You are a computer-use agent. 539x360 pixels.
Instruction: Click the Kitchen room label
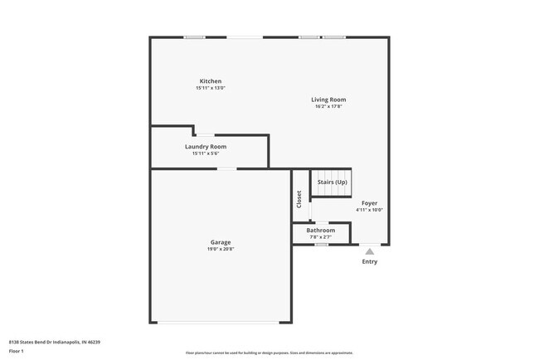tap(210, 81)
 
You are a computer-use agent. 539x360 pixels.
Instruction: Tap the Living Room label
tap(328, 100)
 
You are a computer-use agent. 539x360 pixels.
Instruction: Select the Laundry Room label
tap(205, 146)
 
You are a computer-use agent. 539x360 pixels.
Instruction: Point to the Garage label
tap(220, 242)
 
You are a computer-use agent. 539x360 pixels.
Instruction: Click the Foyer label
tap(369, 202)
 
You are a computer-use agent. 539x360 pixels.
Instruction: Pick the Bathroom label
tap(321, 230)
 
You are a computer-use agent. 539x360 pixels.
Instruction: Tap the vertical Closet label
tap(299, 199)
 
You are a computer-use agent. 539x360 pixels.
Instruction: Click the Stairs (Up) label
tap(332, 182)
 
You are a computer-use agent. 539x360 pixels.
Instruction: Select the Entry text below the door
tap(369, 262)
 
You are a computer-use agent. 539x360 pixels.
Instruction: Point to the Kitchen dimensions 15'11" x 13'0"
tap(210, 88)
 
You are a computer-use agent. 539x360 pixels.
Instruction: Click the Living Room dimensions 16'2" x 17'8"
tap(328, 106)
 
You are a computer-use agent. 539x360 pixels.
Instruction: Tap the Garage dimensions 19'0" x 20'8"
tap(220, 249)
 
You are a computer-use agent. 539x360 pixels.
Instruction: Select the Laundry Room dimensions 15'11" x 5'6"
tap(205, 153)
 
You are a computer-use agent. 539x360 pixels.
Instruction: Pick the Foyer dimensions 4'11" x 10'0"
tap(369, 209)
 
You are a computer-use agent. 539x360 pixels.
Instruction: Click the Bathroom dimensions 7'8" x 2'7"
tap(321, 236)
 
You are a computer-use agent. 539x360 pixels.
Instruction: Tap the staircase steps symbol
tap(331, 192)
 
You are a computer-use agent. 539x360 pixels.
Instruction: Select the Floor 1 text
tap(17, 351)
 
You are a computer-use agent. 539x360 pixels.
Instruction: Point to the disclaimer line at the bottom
tap(269, 353)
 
